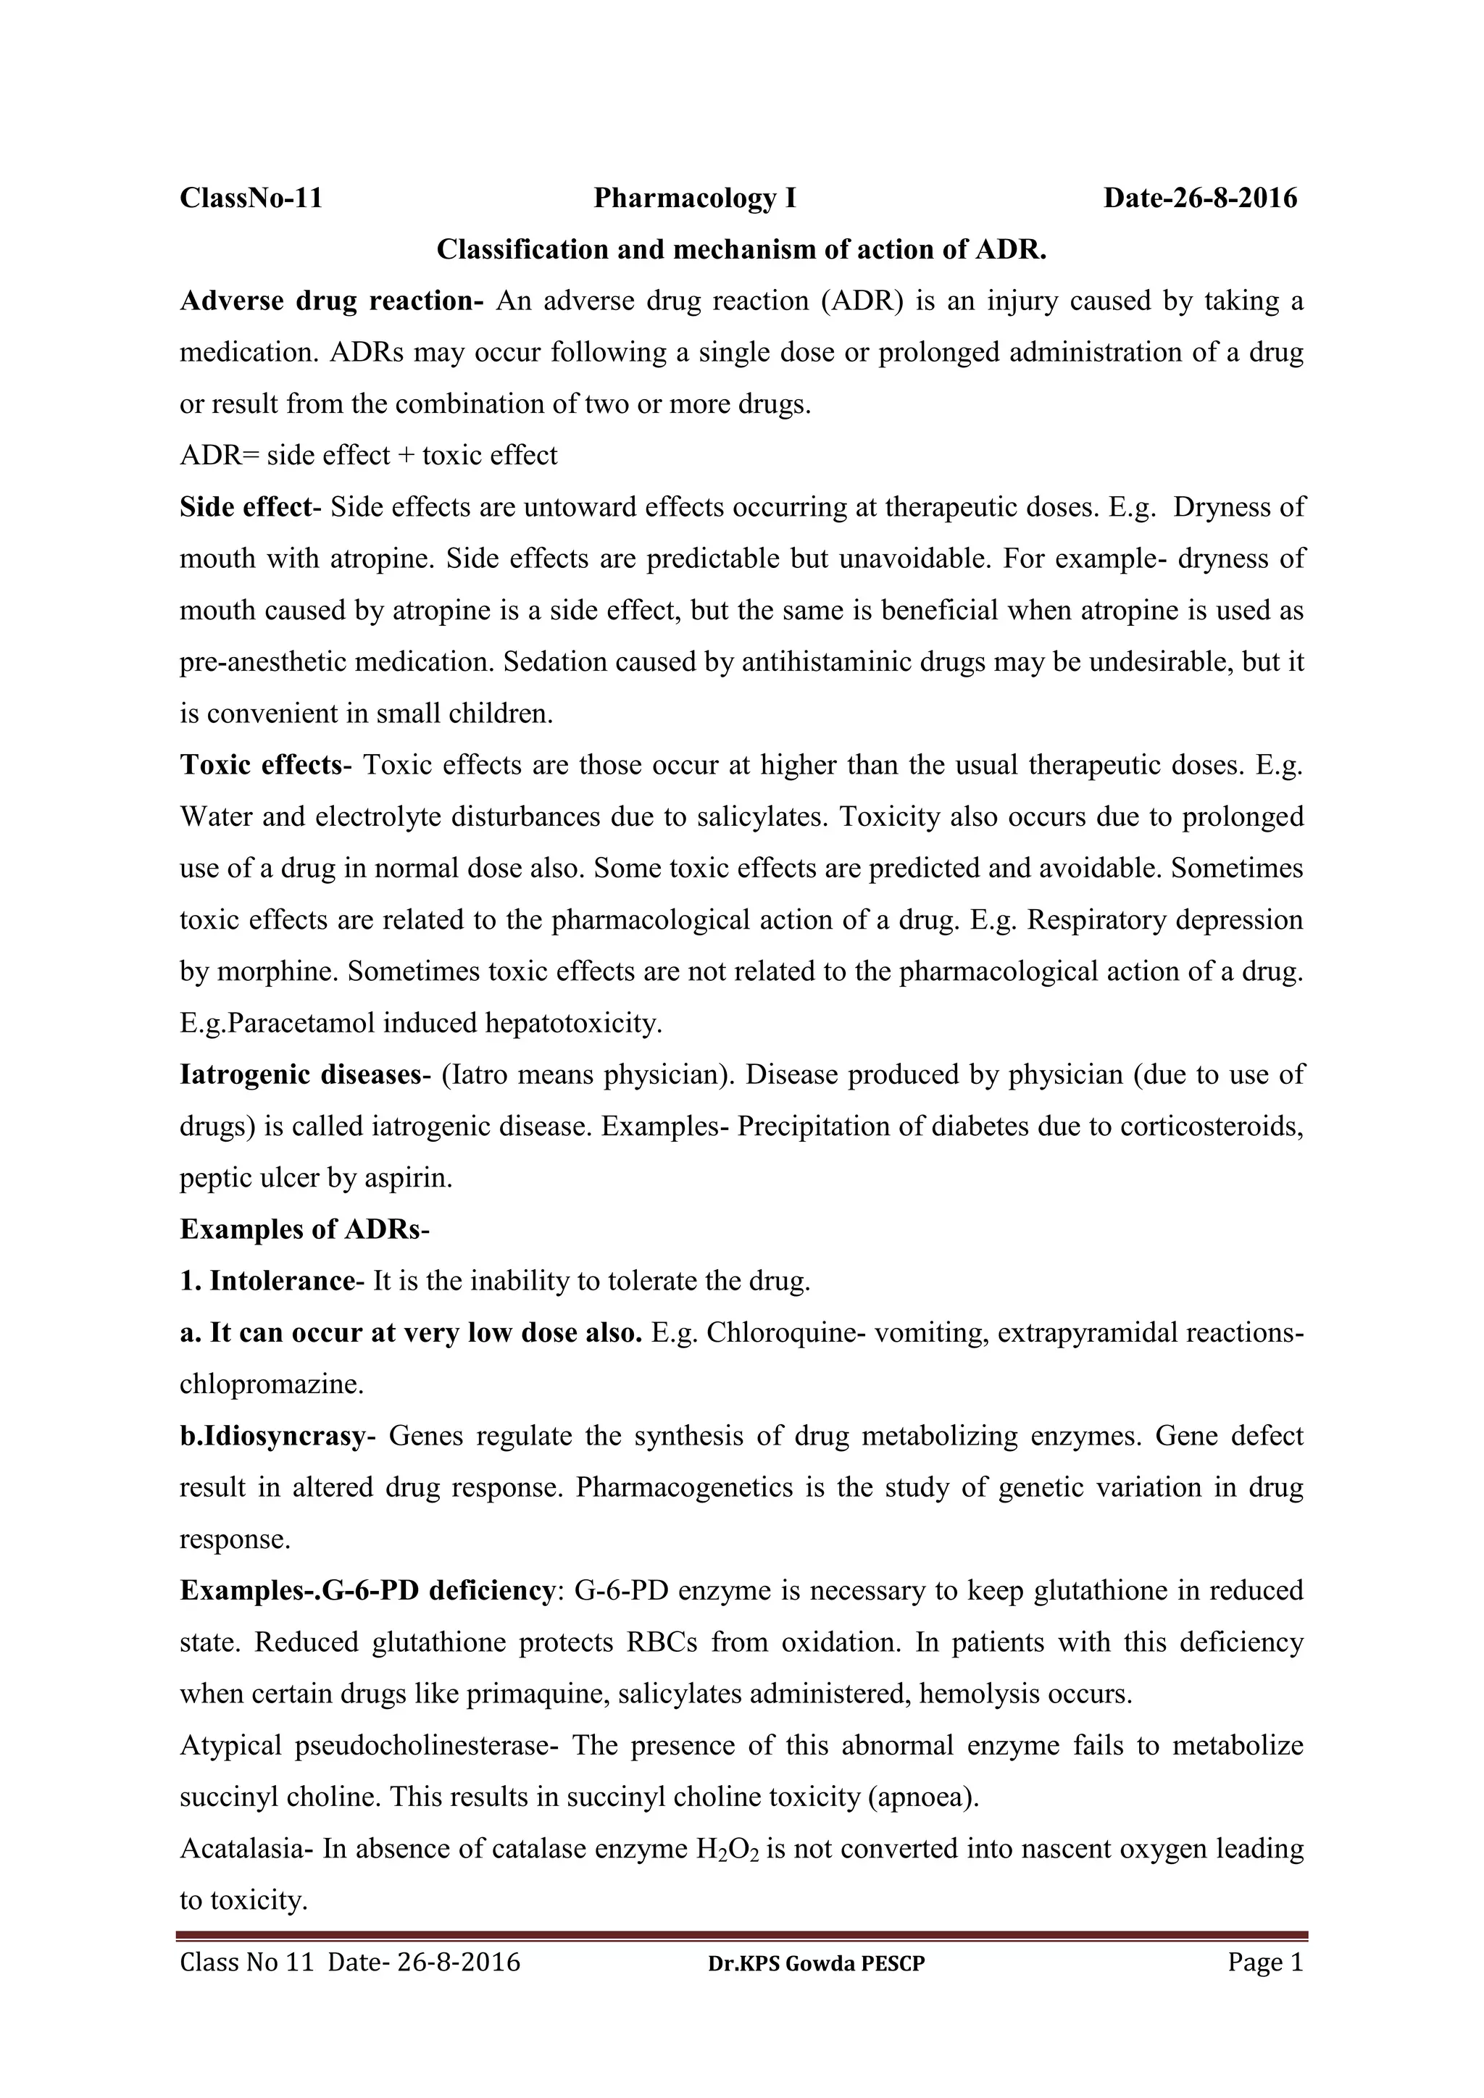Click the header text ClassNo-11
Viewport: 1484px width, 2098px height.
tap(251, 198)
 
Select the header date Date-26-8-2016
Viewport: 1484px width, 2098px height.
tap(1200, 198)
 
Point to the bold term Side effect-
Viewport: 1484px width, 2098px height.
tap(251, 507)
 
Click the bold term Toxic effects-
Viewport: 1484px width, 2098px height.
tap(265, 765)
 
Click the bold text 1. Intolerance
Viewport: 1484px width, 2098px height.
tap(267, 1281)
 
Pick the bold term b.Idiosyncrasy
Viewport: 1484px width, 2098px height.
tap(272, 1437)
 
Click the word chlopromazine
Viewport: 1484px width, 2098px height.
tap(272, 1384)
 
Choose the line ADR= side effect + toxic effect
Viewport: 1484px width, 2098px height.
tap(368, 455)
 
